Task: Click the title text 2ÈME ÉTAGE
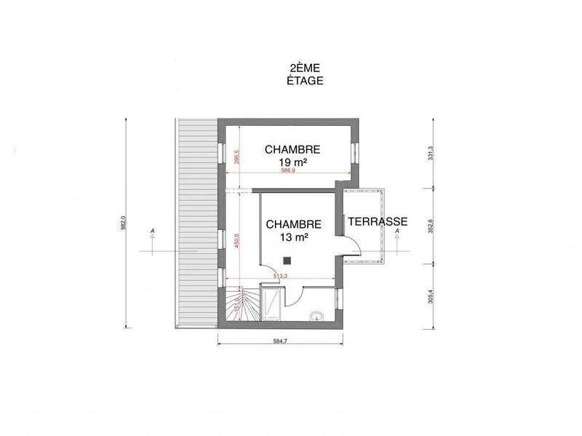coord(305,75)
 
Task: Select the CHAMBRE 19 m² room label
coord(292,156)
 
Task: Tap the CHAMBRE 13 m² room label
coord(292,231)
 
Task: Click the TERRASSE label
coord(375,221)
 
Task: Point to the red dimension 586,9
coord(291,170)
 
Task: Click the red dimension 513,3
coord(281,276)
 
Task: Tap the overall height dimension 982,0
coord(124,222)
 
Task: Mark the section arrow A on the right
coord(398,233)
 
